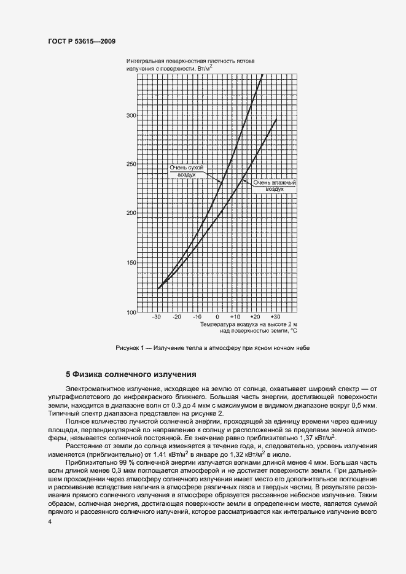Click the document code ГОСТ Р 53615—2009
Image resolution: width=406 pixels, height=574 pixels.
tap(82, 41)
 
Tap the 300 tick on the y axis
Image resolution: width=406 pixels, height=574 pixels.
tap(130, 115)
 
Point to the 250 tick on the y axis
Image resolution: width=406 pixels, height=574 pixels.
tap(130, 165)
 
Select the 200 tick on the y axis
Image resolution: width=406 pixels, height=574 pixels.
tap(130, 214)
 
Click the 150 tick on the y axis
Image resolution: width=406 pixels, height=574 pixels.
tap(130, 263)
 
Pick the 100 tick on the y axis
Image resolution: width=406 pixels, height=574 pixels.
tap(130, 312)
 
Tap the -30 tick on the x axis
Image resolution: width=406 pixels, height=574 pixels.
tap(157, 317)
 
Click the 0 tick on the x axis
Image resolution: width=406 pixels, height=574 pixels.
tap(217, 317)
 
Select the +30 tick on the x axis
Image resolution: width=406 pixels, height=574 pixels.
tap(275, 317)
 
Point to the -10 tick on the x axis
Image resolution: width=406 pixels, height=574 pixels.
tap(197, 317)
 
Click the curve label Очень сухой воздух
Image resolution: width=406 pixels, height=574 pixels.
tap(186, 171)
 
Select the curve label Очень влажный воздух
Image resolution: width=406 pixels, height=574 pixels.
tap(275, 186)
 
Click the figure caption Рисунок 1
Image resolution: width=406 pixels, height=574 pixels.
tap(213, 348)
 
